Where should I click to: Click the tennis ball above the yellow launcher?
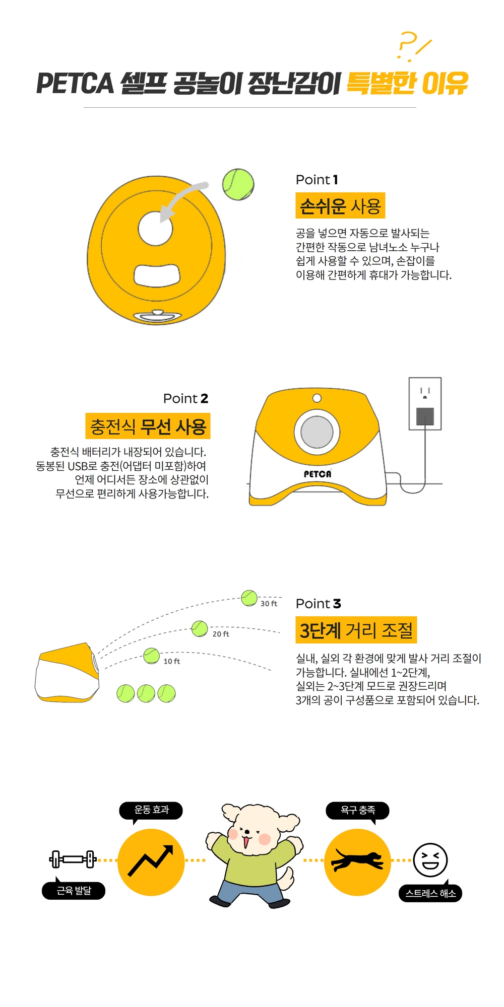tap(238, 184)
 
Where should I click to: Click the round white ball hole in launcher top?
tap(155, 229)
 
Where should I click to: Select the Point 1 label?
tap(317, 180)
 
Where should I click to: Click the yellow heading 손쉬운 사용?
tap(340, 206)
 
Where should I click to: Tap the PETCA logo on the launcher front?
tap(318, 474)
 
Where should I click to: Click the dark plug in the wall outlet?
tap(425, 416)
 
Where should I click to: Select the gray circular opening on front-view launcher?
tap(317, 432)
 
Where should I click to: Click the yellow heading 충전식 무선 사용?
tap(148, 426)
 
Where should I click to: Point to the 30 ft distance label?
tap(269, 604)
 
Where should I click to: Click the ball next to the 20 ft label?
tap(200, 628)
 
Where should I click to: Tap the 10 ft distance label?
tap(171, 662)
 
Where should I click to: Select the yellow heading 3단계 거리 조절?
tap(356, 630)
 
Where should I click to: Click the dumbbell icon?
tap(73, 859)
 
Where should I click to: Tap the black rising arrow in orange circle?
tap(151, 860)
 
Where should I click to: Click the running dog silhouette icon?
tap(357, 860)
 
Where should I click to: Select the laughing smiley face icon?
tap(430, 860)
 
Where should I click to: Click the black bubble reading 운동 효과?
tap(151, 810)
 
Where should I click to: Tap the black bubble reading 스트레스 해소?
tap(430, 893)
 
